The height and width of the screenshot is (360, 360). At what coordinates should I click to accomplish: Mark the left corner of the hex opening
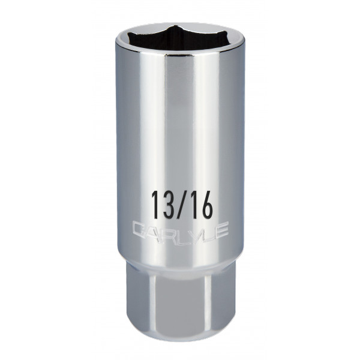point(128,41)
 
